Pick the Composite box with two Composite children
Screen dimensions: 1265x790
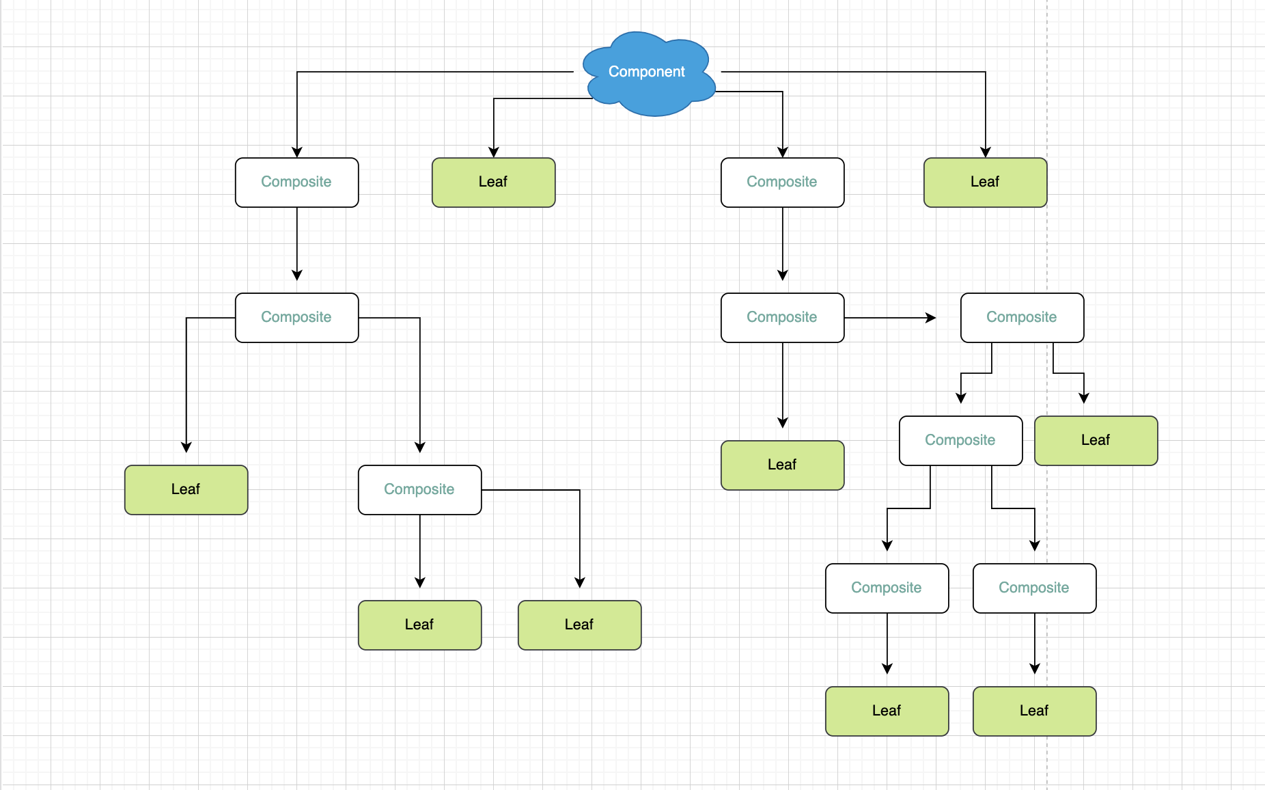point(960,441)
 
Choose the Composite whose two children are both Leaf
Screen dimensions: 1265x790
point(419,490)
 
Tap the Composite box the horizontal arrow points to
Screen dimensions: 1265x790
point(1022,318)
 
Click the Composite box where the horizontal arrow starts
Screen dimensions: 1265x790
point(782,318)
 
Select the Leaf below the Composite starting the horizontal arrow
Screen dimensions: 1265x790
point(782,465)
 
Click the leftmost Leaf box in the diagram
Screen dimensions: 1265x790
point(186,490)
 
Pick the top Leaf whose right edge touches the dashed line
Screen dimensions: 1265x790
point(985,182)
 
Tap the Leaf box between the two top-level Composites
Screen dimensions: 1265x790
point(493,182)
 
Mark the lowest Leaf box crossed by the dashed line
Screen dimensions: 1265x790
point(1034,711)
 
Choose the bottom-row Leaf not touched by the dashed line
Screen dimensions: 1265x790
point(887,711)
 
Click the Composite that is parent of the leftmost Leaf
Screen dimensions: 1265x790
point(296,318)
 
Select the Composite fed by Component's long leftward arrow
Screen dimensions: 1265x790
point(296,182)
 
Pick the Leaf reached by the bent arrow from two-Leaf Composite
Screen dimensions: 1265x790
point(579,625)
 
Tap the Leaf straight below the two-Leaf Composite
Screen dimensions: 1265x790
point(419,625)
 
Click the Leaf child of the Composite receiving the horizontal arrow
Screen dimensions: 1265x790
point(1096,441)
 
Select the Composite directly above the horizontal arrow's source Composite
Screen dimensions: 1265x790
point(782,182)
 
